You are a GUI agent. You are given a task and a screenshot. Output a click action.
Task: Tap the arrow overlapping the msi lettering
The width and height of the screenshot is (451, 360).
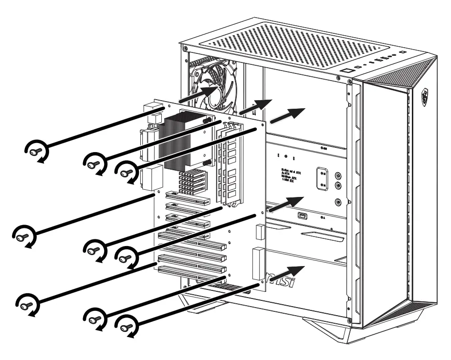point(288,273)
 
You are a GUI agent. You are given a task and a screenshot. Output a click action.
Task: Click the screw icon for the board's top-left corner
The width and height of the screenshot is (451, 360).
point(35,151)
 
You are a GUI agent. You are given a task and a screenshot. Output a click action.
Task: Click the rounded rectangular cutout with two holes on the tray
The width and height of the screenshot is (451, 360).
point(323,178)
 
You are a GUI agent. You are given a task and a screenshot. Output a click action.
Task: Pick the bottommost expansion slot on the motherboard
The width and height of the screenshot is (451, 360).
point(191,275)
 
